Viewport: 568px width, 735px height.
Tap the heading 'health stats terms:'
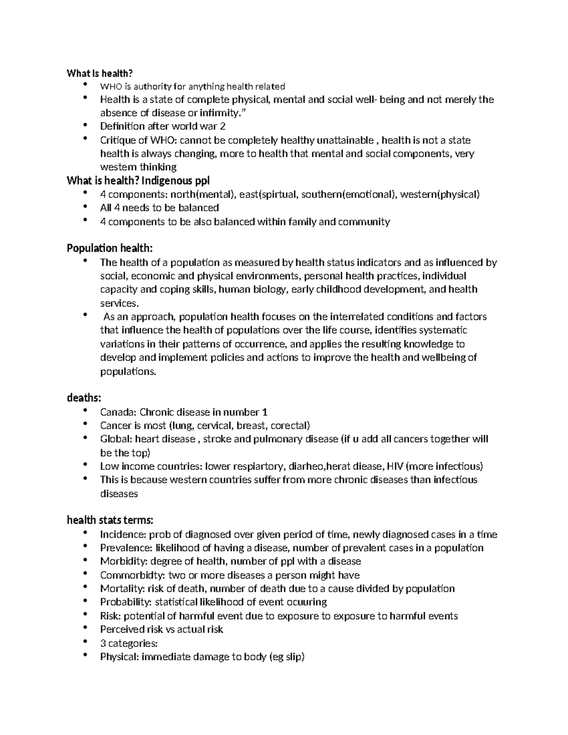click(x=110, y=521)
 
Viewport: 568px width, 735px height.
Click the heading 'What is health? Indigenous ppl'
click(x=138, y=180)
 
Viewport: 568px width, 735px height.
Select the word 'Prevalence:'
click(x=124, y=548)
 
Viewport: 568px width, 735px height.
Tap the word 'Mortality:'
click(x=123, y=589)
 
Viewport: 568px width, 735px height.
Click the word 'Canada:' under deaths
click(x=118, y=412)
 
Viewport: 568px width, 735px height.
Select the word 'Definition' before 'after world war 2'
click(x=122, y=126)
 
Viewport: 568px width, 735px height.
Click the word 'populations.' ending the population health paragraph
click(x=128, y=372)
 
